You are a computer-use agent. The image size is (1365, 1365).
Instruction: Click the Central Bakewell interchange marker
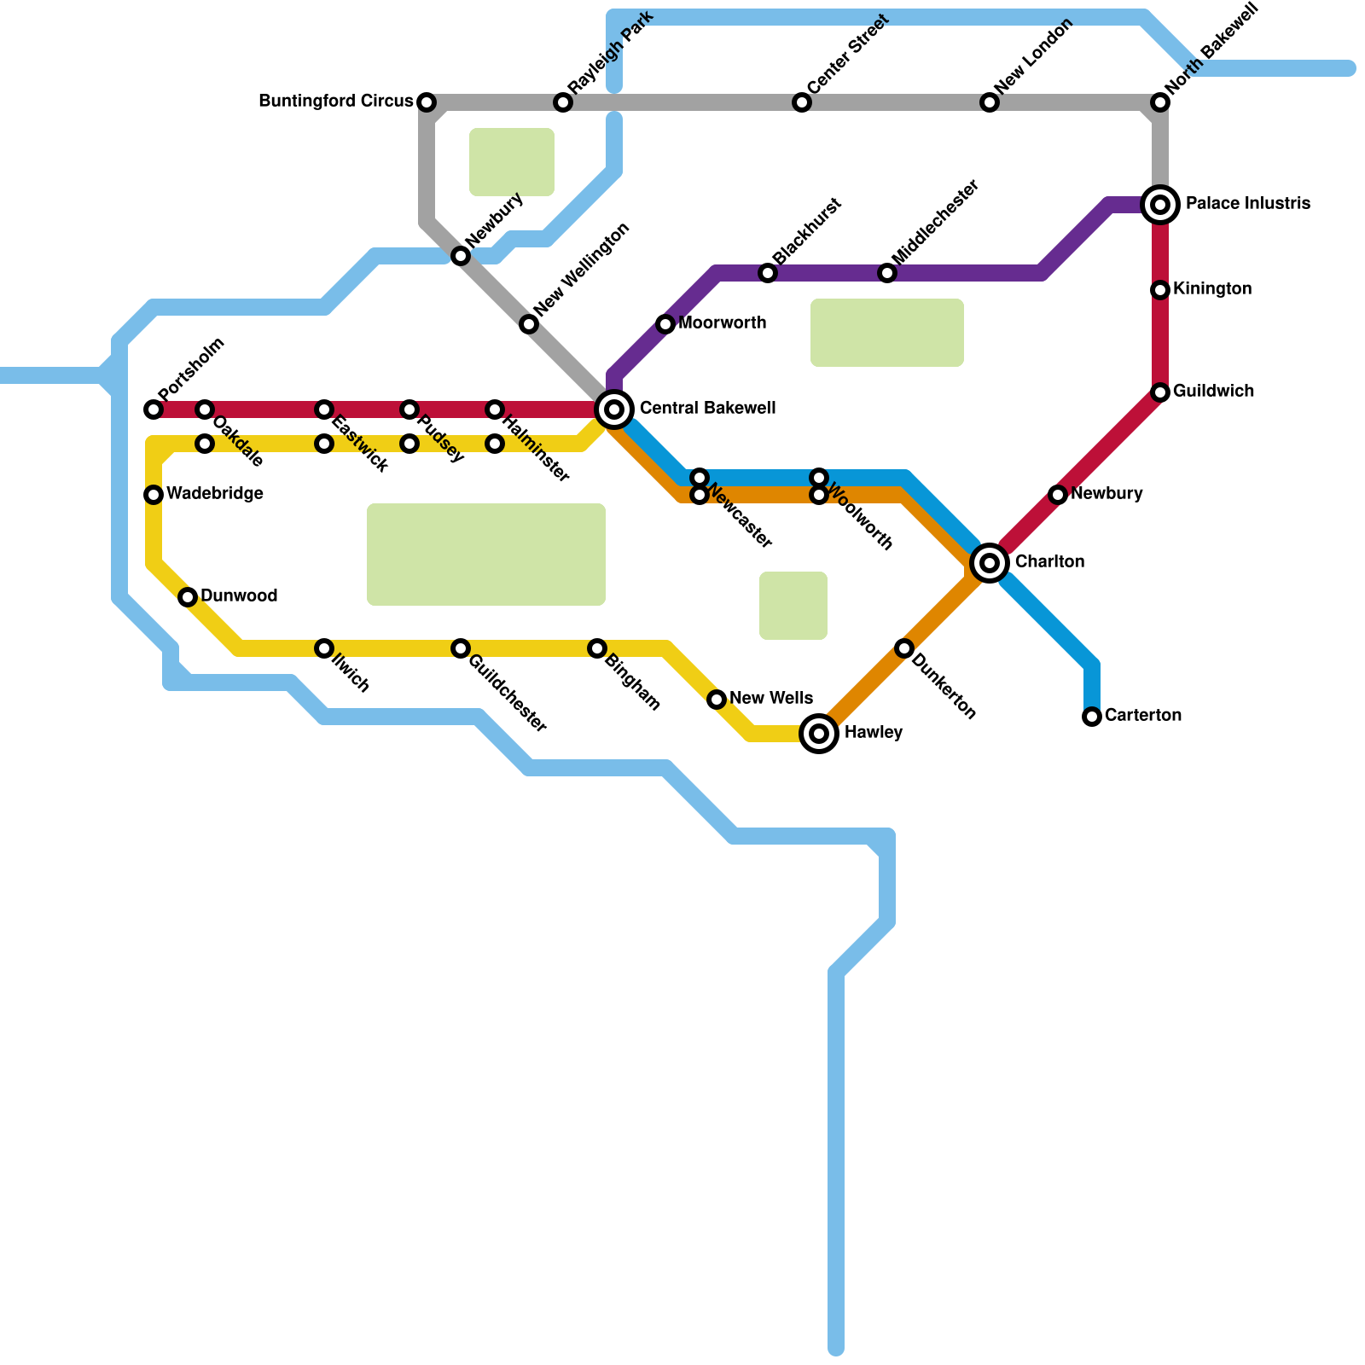coord(614,409)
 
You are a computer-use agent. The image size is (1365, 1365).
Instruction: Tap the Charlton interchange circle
coord(990,563)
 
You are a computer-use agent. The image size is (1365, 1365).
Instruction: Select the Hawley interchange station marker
coord(819,733)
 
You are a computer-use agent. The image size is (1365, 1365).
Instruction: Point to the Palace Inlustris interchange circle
coord(1160,205)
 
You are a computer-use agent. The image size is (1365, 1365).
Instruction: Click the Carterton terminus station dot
coord(1092,717)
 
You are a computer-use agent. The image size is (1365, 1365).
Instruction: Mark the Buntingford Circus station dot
coord(427,102)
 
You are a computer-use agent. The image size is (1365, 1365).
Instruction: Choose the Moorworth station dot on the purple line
coord(665,324)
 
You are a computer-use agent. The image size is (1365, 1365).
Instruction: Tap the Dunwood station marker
coord(188,597)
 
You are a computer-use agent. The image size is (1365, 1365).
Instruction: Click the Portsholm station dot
coord(154,409)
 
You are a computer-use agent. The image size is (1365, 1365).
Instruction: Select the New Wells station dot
coord(717,700)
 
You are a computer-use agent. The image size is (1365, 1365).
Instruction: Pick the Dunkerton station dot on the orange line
coord(904,648)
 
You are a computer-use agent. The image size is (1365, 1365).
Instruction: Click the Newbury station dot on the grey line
coord(461,256)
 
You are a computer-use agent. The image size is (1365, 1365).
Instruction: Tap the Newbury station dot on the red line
coord(1058,495)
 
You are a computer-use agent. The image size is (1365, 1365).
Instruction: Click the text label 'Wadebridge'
coord(214,494)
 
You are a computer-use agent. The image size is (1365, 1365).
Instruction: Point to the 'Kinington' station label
coord(1211,289)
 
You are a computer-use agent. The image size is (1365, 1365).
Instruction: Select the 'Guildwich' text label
coord(1212,392)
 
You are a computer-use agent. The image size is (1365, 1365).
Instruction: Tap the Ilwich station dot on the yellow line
coord(324,648)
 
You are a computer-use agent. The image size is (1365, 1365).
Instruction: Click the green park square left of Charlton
coord(793,606)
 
